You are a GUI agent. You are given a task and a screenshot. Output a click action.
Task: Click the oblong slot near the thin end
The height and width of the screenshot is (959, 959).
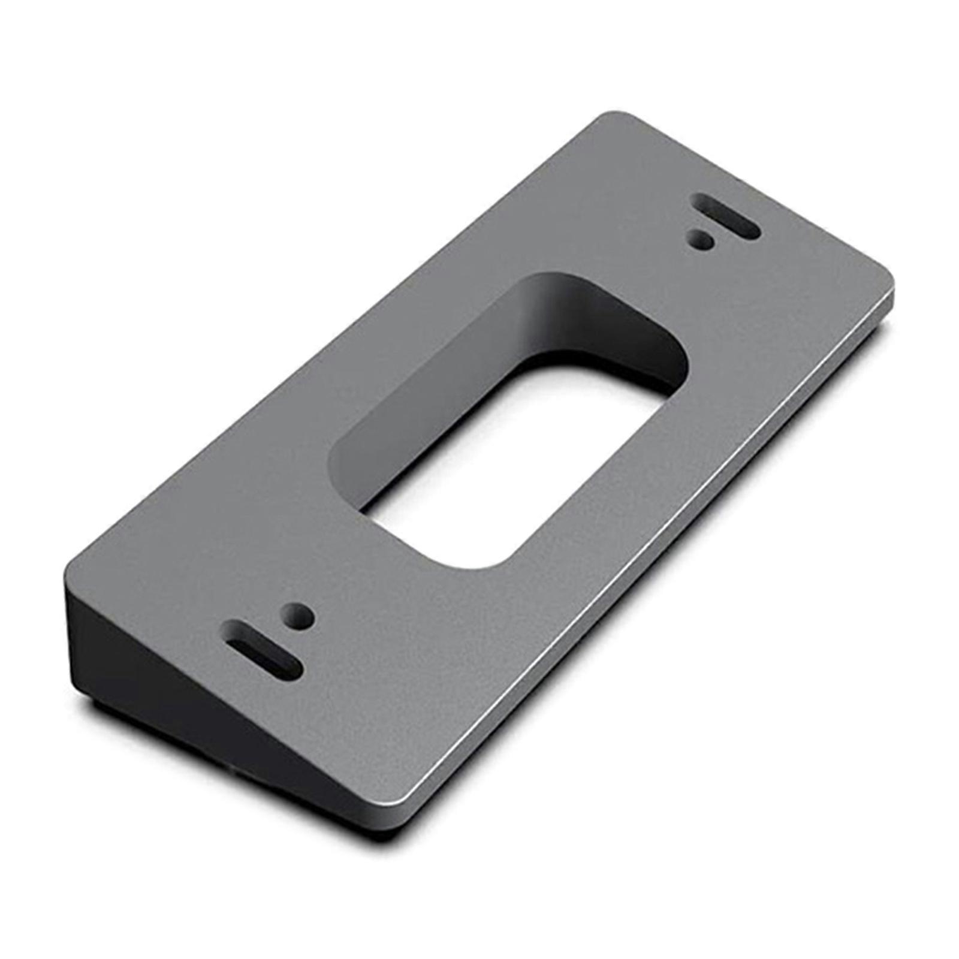click(726, 224)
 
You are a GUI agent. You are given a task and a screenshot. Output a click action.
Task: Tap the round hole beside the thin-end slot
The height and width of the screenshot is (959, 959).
click(702, 241)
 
